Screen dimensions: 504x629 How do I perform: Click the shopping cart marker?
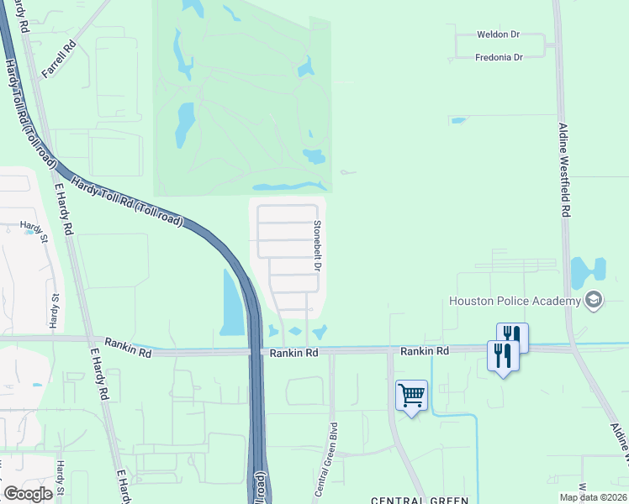click(x=411, y=395)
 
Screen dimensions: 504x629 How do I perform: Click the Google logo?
click(x=28, y=494)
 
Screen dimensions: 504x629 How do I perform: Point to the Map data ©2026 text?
click(x=593, y=497)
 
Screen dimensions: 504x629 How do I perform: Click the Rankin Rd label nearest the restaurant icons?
click(x=425, y=350)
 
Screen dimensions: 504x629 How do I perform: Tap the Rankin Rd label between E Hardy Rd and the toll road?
click(x=127, y=354)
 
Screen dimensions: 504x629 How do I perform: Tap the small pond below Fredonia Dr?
click(x=458, y=120)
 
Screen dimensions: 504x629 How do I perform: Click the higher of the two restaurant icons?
click(x=512, y=336)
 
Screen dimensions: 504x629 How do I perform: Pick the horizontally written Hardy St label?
click(x=32, y=226)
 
